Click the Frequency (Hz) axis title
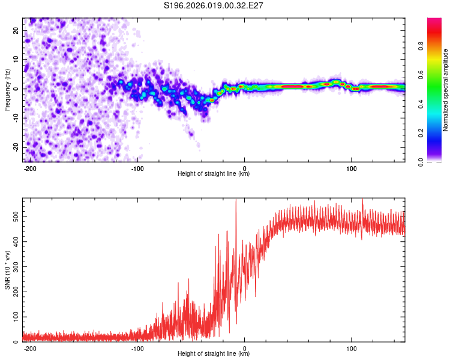[x=8, y=89]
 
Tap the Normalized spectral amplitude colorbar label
[x=445, y=90]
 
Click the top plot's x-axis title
[x=214, y=174]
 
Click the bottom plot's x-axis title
[x=214, y=354]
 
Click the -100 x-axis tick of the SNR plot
[x=137, y=347]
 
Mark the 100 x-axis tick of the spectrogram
[x=352, y=167]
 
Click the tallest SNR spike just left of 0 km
[x=236, y=200]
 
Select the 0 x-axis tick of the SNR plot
[x=245, y=347]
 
